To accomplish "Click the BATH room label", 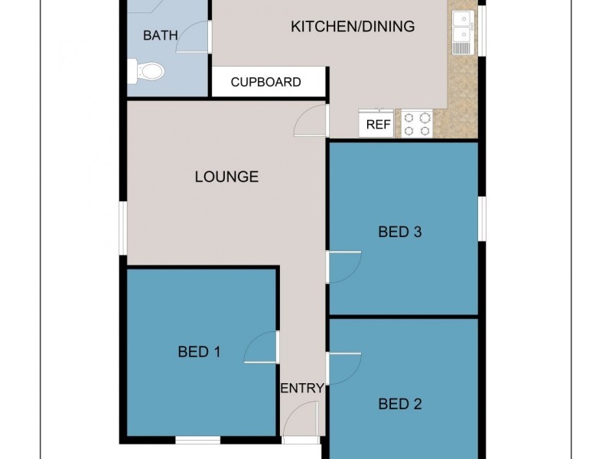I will (x=161, y=35).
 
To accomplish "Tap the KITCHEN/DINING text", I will (x=353, y=27).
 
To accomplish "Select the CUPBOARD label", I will (x=266, y=82).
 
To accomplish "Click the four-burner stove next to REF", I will (x=417, y=124).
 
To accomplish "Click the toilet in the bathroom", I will (x=146, y=72).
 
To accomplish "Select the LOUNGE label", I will (x=226, y=177).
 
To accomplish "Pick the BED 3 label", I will (x=400, y=232).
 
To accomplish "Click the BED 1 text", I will (x=199, y=352).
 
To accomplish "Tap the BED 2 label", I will (x=400, y=405).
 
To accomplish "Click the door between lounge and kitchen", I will (x=311, y=122).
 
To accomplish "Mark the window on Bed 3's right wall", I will (x=482, y=220).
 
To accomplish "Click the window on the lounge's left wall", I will (x=122, y=228).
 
